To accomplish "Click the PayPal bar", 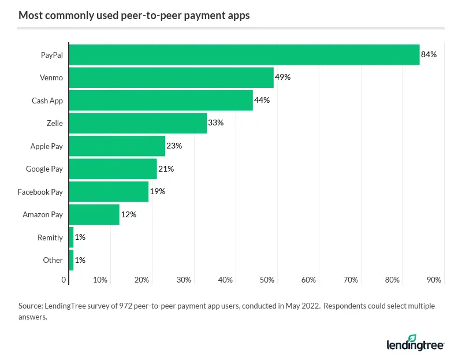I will tap(244, 54).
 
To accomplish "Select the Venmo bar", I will tap(171, 77).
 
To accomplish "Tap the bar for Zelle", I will tap(137, 123).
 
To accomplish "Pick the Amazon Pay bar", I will tap(94, 214).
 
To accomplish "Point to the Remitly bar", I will tap(71, 237).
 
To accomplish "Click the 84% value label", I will tap(429, 54).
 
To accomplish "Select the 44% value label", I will tap(262, 100).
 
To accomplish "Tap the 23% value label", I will tap(174, 146).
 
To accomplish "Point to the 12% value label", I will tap(128, 214).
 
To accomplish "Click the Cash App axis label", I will tap(47, 101).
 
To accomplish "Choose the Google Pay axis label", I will tap(44, 169).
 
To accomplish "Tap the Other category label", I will tap(53, 260).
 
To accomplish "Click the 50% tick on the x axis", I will tap(267, 280).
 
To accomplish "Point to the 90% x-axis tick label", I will tap(434, 280).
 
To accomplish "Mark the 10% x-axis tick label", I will tap(100, 280).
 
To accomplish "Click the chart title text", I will tap(134, 16).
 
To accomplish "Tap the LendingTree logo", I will tap(415, 343).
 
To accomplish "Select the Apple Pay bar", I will tap(117, 146).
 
